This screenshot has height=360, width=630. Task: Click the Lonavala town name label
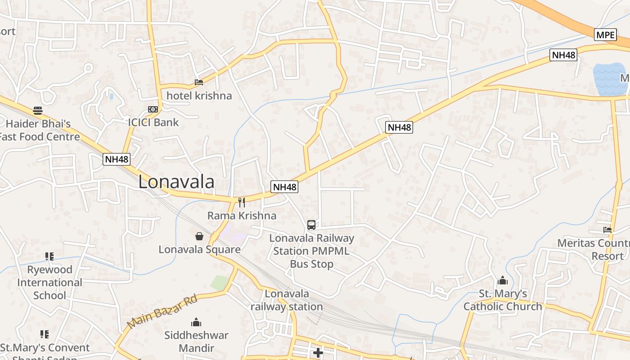(176, 182)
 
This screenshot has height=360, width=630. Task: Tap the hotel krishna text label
(199, 95)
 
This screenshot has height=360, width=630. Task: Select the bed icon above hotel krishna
(199, 82)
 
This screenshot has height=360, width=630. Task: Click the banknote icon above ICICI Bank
(153, 109)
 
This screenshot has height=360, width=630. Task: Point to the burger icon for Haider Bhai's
(38, 111)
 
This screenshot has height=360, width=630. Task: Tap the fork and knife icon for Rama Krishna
(242, 202)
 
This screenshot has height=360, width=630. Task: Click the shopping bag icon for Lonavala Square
(199, 236)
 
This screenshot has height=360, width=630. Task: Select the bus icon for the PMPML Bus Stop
(311, 225)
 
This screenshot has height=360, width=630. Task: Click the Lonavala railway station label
(287, 300)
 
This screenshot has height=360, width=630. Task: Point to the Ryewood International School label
(49, 282)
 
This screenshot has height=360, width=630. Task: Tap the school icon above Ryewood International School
(49, 256)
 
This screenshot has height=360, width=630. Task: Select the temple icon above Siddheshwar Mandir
(196, 322)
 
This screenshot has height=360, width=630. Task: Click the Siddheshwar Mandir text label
(196, 342)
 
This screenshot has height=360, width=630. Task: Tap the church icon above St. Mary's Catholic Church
(503, 281)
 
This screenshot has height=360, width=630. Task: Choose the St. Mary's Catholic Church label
(503, 300)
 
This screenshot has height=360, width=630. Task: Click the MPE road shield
(605, 35)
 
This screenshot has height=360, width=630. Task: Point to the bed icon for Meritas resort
(607, 230)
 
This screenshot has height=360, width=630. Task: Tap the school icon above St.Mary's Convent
(44, 334)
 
